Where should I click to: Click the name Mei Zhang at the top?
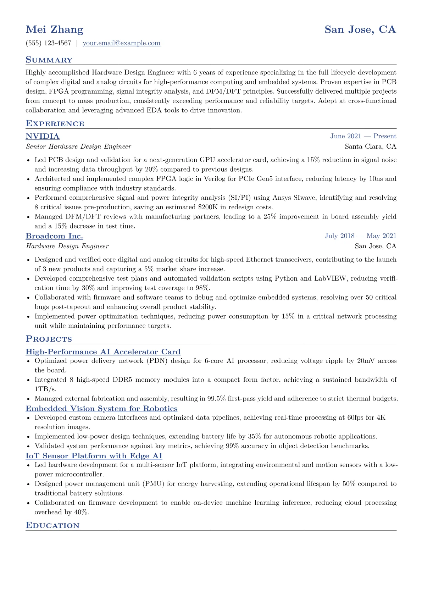[54, 29]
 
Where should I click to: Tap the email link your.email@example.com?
[121, 43]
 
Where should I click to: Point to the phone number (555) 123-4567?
[48, 43]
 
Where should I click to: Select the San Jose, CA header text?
[360, 29]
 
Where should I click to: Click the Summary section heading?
[49, 60]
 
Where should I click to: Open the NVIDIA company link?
[43, 136]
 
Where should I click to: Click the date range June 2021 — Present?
[363, 136]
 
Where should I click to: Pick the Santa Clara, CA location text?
[371, 147]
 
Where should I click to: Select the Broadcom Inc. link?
[54, 236]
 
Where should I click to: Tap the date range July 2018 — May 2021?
[360, 236]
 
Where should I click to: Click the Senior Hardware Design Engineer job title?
[78, 147]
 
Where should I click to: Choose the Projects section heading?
[49, 339]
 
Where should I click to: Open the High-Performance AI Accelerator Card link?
[103, 352]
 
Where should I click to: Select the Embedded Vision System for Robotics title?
[101, 409]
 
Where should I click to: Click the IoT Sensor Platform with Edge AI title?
[94, 456]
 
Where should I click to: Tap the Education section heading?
[52, 526]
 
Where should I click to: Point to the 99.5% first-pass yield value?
[216, 399]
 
